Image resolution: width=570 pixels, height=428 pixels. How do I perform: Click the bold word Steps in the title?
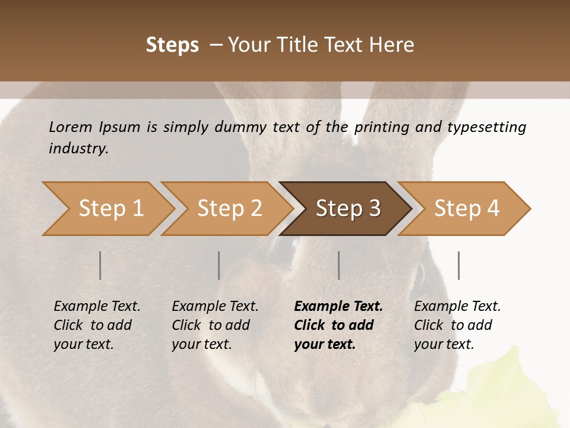coord(172,45)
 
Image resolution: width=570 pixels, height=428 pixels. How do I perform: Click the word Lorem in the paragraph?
coord(71,127)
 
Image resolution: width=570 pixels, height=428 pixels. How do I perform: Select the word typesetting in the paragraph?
coord(486,127)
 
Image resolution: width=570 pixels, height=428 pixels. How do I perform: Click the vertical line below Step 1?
coord(100,265)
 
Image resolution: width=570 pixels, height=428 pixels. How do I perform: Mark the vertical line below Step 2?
coord(219,265)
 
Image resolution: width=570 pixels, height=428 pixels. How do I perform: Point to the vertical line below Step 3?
coord(339,265)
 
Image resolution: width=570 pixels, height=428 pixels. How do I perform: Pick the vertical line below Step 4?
coord(459,265)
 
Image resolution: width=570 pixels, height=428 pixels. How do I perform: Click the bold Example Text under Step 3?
coord(338,307)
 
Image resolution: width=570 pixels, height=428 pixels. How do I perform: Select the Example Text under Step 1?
coord(97,307)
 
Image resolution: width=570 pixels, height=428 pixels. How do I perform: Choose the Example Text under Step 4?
coord(457,307)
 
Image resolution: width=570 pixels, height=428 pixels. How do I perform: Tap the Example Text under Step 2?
coord(215,307)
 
